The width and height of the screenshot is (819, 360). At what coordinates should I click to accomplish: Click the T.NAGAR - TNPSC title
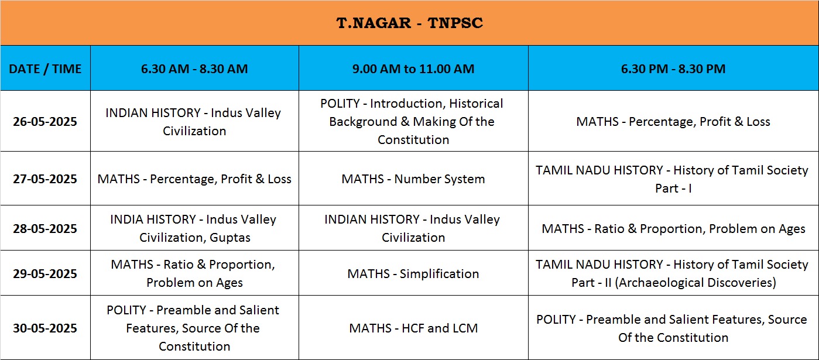pos(410,23)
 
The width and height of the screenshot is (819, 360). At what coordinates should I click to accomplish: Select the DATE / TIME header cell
pos(45,68)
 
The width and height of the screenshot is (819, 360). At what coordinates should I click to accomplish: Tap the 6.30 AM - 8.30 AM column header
pos(194,68)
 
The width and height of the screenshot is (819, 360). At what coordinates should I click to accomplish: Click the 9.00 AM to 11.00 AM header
pos(413,68)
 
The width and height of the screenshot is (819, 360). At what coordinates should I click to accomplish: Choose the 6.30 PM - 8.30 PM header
pos(673,68)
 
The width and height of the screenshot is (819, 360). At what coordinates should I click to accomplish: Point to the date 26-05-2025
pos(45,121)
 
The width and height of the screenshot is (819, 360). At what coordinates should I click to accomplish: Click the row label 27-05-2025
pos(45,179)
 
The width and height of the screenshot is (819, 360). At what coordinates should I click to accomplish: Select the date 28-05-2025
pos(45,228)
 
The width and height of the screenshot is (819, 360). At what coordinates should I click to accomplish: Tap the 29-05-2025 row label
pos(45,273)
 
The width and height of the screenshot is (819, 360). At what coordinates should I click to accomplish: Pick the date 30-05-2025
pos(45,328)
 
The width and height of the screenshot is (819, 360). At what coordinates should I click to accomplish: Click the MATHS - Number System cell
pos(413,179)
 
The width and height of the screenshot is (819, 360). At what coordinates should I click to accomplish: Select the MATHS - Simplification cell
pos(413,273)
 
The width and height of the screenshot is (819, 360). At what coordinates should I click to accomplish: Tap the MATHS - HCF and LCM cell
pos(413,328)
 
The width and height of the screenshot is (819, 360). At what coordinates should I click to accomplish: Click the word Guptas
pos(230,238)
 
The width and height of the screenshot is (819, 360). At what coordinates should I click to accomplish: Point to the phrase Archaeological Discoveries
pos(695,283)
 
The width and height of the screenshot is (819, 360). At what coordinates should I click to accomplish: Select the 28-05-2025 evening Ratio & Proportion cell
pos(673,229)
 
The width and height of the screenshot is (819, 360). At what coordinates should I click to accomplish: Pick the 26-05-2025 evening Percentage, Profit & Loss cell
pos(673,121)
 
